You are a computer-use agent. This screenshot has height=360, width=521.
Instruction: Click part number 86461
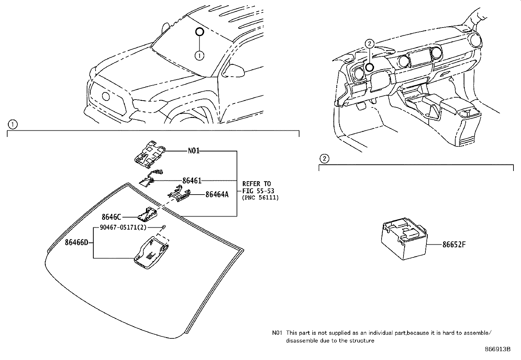(192, 180)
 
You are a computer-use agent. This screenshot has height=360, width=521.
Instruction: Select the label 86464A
(217, 195)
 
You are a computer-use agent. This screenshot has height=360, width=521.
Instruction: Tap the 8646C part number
(111, 217)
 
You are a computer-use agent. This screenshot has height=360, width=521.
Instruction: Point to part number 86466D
(77, 243)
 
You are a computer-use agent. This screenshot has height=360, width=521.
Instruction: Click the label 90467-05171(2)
(123, 227)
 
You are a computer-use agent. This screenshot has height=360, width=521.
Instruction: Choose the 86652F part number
(454, 245)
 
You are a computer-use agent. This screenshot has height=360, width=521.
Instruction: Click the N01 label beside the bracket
(193, 151)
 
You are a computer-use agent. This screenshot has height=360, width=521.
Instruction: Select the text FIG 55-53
(258, 191)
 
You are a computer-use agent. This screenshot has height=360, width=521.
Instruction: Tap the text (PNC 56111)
(260, 198)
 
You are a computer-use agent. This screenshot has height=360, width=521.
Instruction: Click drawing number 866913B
(497, 349)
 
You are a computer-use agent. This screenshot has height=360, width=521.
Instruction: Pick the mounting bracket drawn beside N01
(149, 153)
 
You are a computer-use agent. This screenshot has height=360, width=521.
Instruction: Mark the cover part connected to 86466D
(151, 252)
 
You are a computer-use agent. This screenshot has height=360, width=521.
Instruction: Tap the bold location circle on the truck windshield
(199, 32)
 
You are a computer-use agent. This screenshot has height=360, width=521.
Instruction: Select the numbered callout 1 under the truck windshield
(199, 56)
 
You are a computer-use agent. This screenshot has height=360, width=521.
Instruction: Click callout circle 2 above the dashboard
(369, 43)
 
